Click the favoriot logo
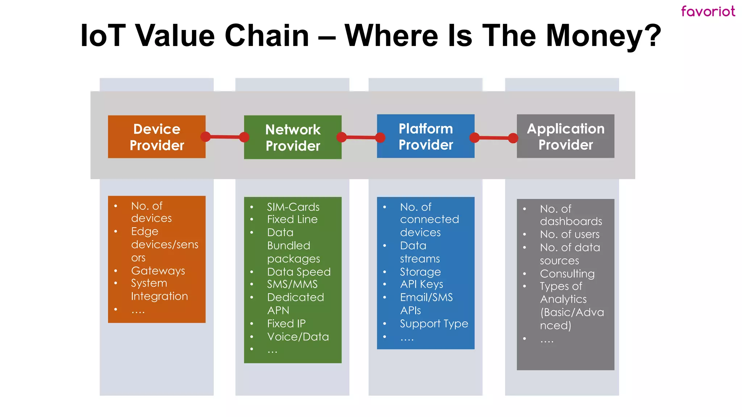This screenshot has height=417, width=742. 708,11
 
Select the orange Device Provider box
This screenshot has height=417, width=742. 157,137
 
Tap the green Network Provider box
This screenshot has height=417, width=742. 293,137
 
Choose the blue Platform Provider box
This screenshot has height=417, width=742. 426,136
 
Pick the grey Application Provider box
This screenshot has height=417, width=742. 566,136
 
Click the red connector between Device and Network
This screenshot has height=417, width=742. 225,137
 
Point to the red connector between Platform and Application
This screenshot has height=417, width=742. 494,138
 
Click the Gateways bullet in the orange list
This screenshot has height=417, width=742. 158,271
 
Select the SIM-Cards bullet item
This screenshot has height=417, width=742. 293,207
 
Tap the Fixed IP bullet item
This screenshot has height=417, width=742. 286,323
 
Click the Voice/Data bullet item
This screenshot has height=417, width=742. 298,337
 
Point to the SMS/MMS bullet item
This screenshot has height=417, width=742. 292,284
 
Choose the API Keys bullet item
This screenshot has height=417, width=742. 421,284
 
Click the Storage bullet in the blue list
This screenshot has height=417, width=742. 420,271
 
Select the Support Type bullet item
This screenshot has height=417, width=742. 434,323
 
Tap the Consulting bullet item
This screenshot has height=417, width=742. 567,273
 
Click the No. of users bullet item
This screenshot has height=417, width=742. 570,234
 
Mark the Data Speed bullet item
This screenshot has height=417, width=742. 299,271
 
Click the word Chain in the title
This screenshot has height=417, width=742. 267,35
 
